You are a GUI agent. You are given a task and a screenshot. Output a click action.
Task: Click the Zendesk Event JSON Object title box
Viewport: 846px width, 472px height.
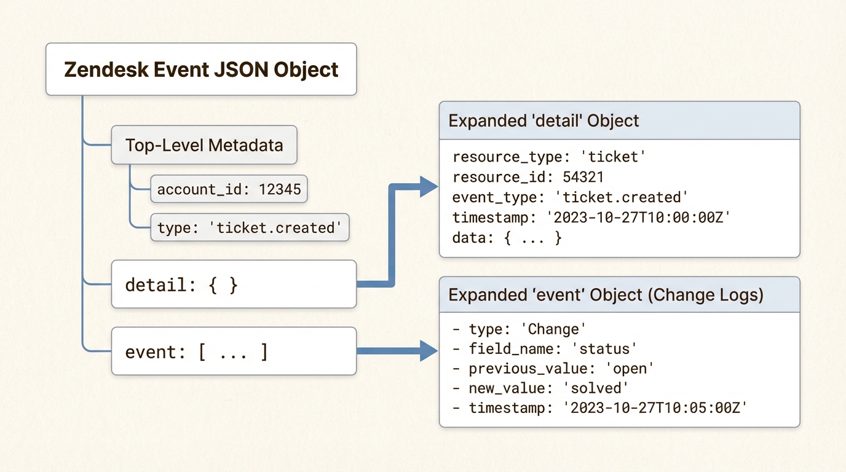[201, 69]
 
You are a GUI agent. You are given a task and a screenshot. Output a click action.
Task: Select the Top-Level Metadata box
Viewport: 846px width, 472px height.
[204, 145]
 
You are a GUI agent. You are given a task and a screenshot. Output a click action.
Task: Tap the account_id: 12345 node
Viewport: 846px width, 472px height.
[229, 189]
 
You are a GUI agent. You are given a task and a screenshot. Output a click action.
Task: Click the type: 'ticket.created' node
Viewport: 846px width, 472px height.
[250, 227]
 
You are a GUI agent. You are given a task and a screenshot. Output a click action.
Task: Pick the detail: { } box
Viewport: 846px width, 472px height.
[234, 285]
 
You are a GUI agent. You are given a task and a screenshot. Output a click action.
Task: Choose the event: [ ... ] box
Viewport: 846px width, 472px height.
[234, 352]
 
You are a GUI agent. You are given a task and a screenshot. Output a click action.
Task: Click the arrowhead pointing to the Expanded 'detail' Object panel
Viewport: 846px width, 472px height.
[428, 186]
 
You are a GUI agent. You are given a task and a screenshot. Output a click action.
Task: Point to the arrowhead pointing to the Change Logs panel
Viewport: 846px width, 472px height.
[428, 351]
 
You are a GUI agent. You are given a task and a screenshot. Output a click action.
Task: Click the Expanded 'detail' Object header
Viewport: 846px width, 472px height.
[619, 120]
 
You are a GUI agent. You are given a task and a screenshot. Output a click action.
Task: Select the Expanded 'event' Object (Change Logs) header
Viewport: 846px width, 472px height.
[619, 295]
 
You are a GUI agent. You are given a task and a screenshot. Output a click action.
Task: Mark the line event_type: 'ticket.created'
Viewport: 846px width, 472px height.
[569, 197]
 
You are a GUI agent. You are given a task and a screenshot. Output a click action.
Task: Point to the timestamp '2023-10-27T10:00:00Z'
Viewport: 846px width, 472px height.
[641, 218]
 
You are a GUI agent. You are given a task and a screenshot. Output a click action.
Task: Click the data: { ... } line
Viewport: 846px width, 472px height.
[507, 238]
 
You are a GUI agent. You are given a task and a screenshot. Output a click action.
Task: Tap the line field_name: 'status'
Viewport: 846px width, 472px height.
[544, 348]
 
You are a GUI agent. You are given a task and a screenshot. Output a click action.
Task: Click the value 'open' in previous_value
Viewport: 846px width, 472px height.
[623, 368]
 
